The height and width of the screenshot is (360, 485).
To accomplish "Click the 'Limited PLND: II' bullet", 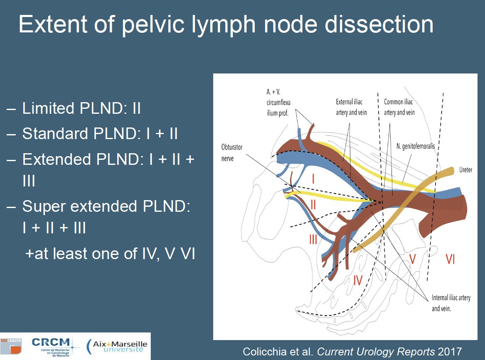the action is click(x=74, y=108).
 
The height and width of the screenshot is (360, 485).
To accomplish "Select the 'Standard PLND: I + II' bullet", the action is click(x=92, y=134).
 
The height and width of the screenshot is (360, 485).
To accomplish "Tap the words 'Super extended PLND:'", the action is click(x=106, y=206).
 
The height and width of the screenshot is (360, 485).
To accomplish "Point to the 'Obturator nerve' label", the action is click(x=231, y=153).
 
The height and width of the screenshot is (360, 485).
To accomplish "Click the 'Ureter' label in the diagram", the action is click(x=465, y=170).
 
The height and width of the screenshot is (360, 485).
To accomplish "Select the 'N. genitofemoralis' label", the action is click(x=416, y=146).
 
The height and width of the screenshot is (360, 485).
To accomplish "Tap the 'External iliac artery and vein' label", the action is click(x=351, y=107).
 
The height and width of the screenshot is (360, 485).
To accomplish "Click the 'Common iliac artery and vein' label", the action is click(x=399, y=107).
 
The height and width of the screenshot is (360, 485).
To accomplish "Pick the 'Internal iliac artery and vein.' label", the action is click(x=451, y=303).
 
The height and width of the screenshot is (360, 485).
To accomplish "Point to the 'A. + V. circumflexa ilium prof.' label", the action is click(x=278, y=102).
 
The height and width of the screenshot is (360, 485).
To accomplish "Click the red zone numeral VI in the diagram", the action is click(x=450, y=259).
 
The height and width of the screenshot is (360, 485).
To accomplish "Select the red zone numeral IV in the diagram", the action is click(x=357, y=280).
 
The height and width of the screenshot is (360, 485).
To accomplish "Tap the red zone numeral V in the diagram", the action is click(x=412, y=259).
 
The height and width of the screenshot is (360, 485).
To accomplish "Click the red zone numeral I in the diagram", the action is click(x=313, y=179).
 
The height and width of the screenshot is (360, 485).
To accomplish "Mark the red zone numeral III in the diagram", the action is click(x=313, y=239).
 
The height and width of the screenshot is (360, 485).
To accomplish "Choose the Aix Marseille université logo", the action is click(x=117, y=346).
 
